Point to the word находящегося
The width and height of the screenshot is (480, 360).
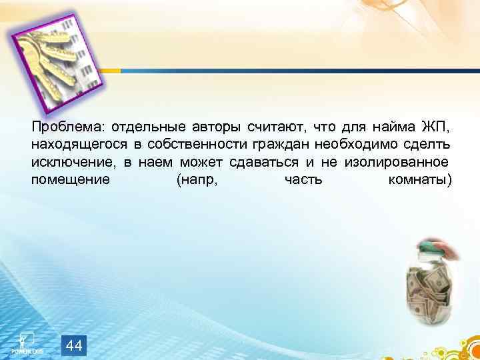pos(71,145)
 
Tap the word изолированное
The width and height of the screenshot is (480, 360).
pos(397,163)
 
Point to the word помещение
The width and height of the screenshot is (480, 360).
pos(70,180)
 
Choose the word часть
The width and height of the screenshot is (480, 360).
pos(304,180)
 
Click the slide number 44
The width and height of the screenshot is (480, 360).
pos(75,345)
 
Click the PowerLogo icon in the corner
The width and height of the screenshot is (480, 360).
pos(26,341)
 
